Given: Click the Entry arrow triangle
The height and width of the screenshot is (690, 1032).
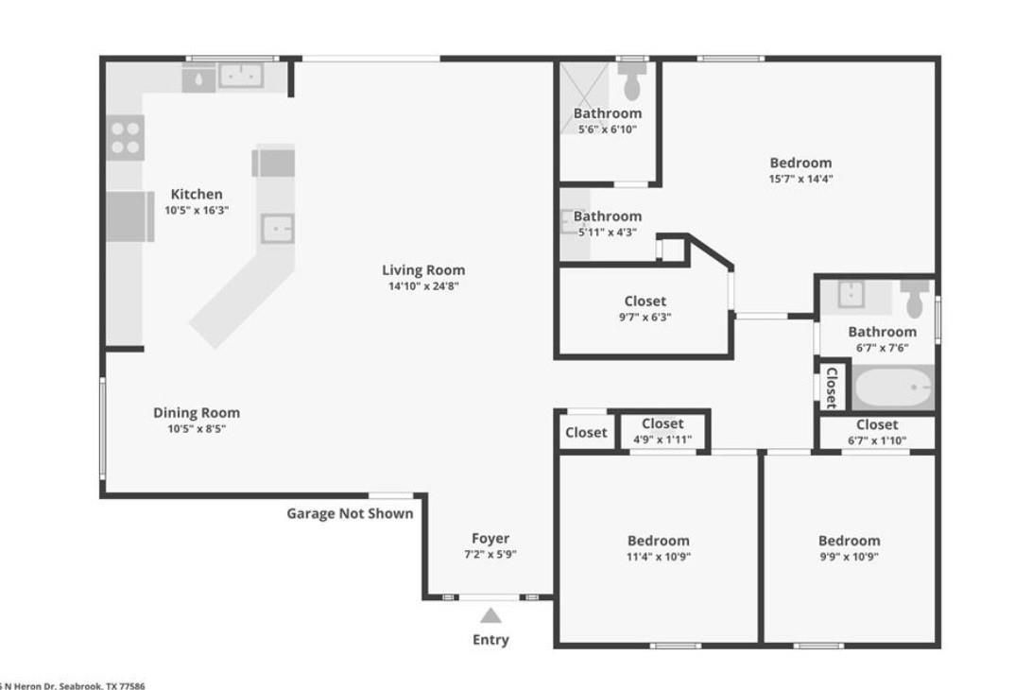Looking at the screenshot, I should pyautogui.click(x=490, y=616).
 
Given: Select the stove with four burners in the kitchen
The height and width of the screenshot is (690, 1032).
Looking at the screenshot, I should pyautogui.click(x=125, y=137).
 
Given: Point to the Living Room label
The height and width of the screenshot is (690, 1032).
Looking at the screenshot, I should pyautogui.click(x=423, y=269).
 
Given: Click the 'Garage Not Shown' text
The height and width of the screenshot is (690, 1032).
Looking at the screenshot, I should pyautogui.click(x=350, y=513).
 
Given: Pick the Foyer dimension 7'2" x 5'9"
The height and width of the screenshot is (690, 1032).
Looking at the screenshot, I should pyautogui.click(x=490, y=555).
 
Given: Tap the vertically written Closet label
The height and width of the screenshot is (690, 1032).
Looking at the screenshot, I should pyautogui.click(x=831, y=387).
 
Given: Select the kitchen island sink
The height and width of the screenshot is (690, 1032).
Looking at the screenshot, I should pyautogui.click(x=277, y=229).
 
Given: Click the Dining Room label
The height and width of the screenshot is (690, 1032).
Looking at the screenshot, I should pyautogui.click(x=197, y=412).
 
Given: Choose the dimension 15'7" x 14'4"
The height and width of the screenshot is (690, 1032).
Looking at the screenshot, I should pyautogui.click(x=800, y=179).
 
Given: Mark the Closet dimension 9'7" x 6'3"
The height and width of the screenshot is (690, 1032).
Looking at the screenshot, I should pyautogui.click(x=645, y=318).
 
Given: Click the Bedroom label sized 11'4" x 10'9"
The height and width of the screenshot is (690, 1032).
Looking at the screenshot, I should pyautogui.click(x=659, y=541).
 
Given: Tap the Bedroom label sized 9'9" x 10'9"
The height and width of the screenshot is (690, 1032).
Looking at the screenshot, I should pyautogui.click(x=849, y=541).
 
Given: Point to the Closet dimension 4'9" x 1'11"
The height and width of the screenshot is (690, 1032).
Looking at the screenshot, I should pyautogui.click(x=662, y=440).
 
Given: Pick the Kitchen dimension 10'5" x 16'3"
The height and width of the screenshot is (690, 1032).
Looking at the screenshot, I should pyautogui.click(x=197, y=211).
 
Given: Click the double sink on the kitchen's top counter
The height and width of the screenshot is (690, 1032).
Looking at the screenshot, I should pyautogui.click(x=240, y=76).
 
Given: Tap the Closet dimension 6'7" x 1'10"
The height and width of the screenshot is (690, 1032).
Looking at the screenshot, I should pyautogui.click(x=877, y=440).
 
